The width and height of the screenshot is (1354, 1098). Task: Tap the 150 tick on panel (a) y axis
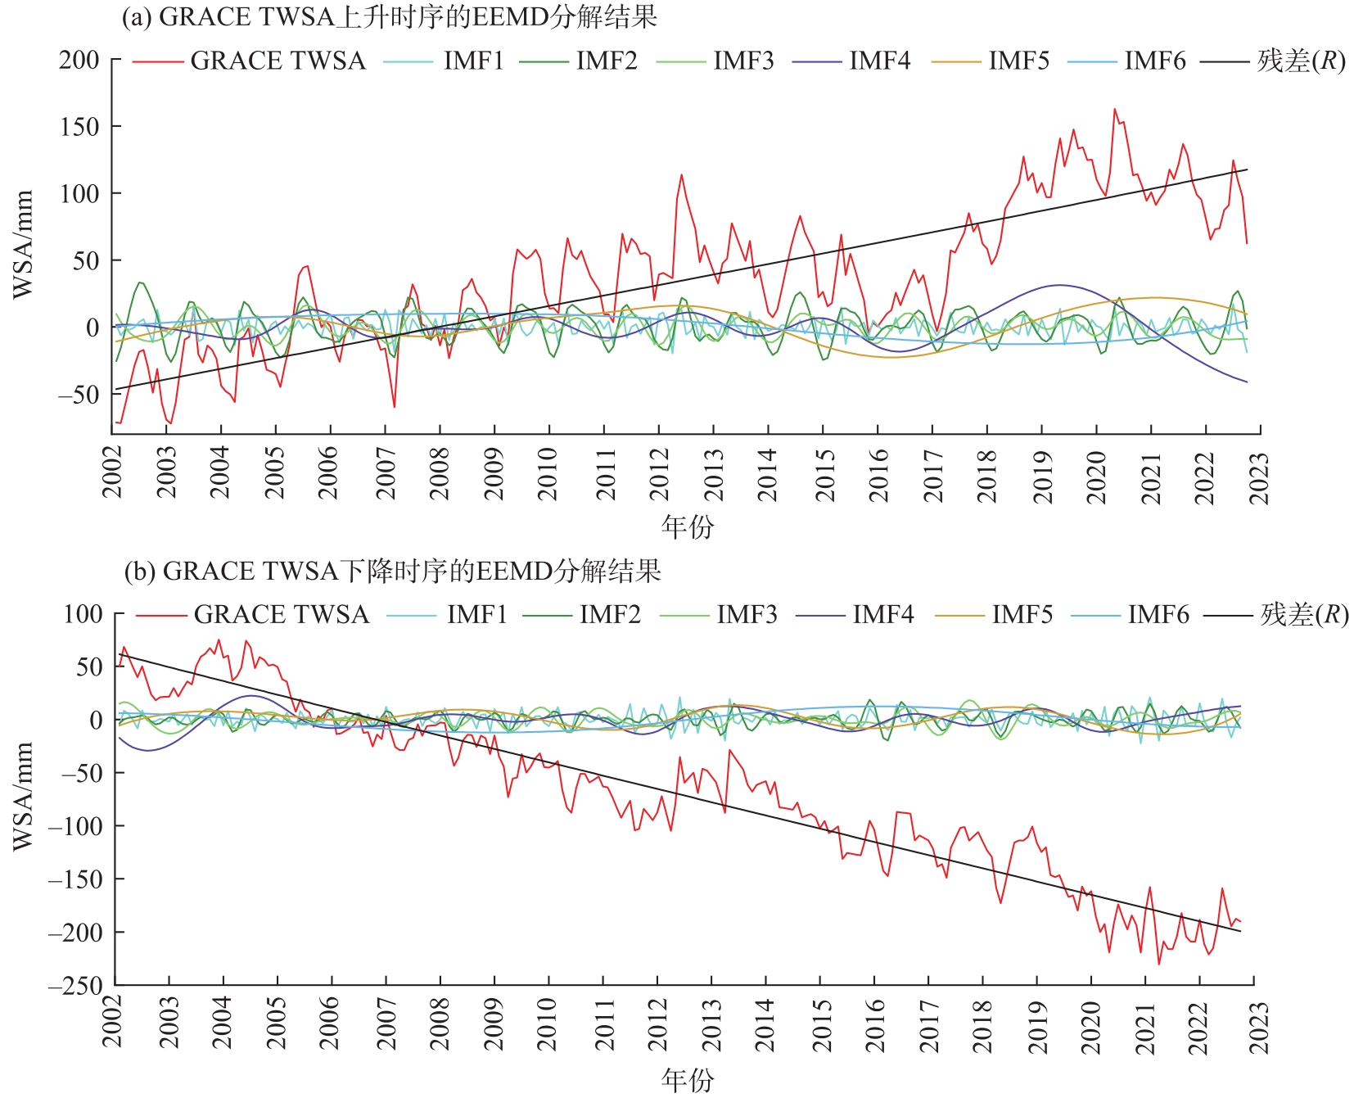click(x=79, y=127)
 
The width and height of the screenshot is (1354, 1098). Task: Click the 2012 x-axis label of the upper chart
click(x=660, y=474)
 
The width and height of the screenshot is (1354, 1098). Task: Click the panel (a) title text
click(x=389, y=17)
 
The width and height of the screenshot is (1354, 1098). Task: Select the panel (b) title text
click(x=392, y=571)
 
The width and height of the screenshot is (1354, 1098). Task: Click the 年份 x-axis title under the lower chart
click(x=688, y=1080)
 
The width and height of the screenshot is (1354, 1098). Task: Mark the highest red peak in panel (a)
click(x=1114, y=109)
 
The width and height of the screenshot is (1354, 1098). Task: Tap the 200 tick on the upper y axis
click(x=79, y=60)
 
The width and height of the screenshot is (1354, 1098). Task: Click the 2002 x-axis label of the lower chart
click(x=112, y=1023)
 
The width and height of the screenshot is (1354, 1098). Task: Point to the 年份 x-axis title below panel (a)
click(x=688, y=526)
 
